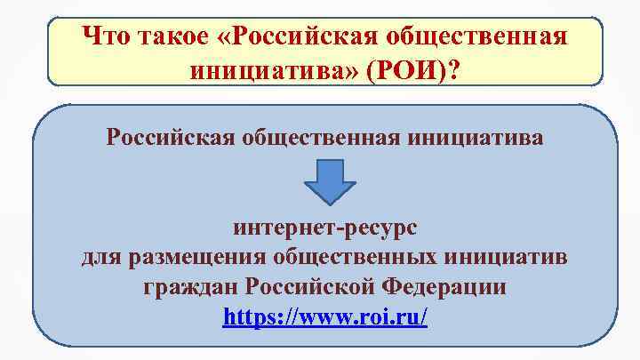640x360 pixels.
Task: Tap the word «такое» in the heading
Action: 178,36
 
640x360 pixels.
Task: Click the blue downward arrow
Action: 329,182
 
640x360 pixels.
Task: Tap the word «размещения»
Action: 200,259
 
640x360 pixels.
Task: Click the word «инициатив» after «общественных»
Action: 513,259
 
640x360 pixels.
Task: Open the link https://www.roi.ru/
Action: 324,316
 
